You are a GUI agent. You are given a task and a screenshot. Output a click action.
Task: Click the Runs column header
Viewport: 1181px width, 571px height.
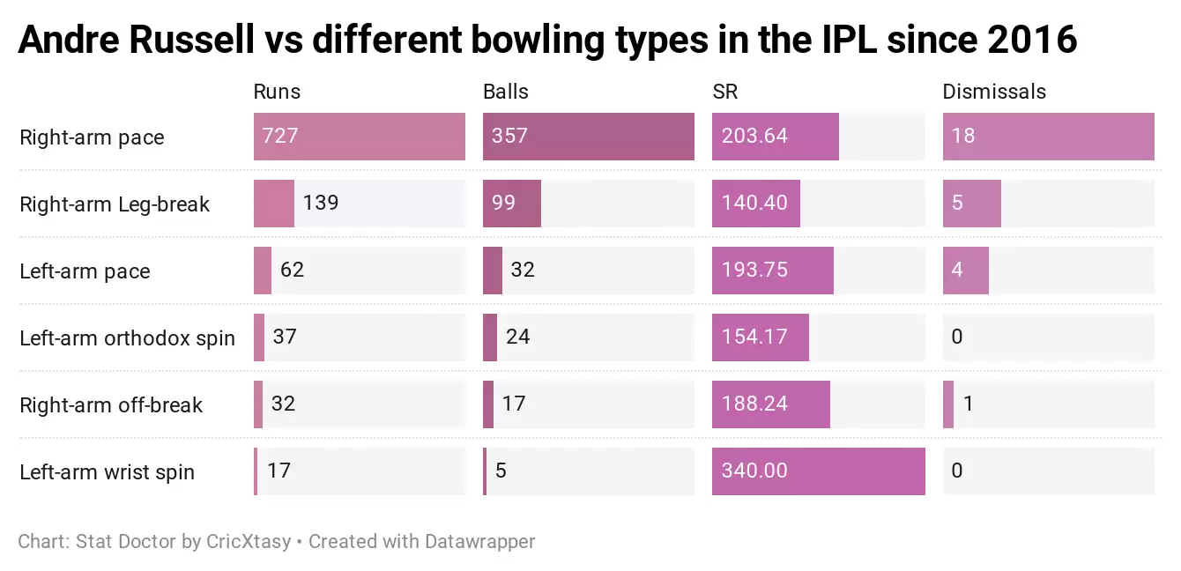coord(277,92)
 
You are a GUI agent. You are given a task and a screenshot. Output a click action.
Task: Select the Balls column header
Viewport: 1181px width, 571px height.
coord(506,92)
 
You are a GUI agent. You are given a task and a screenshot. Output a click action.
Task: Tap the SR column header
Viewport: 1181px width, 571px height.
coord(725,92)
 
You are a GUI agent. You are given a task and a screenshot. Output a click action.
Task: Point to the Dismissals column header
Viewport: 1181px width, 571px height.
coord(994,92)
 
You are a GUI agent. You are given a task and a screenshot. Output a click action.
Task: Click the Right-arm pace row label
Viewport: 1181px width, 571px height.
coord(92,137)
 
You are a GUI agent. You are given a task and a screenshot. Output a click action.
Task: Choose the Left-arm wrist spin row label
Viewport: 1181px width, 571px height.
coord(107,472)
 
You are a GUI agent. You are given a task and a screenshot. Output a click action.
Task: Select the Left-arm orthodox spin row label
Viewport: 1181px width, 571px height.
coord(127,338)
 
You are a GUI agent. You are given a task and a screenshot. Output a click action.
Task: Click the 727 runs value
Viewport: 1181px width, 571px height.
coord(280,137)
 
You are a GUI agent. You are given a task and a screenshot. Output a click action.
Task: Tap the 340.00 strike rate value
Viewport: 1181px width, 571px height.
coord(754,471)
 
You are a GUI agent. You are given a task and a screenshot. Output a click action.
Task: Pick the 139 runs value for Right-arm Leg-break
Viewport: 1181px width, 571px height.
coord(321,203)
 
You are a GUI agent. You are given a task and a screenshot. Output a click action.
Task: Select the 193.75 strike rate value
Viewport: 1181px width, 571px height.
coord(754,271)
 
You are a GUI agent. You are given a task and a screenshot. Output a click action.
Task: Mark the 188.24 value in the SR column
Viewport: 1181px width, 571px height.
coord(754,404)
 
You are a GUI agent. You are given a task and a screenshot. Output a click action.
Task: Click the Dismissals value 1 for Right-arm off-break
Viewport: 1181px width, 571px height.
coord(968,404)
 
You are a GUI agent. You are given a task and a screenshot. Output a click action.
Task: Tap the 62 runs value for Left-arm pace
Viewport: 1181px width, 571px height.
coord(292,270)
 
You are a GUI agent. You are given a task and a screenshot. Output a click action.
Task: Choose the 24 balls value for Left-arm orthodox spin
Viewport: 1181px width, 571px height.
coord(518,337)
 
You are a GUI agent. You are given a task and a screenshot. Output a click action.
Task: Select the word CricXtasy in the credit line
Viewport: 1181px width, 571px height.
coord(249,541)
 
